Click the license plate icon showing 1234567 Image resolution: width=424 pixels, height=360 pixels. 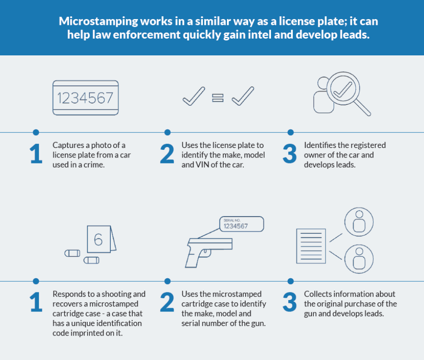(86, 98)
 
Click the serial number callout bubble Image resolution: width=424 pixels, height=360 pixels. (241, 224)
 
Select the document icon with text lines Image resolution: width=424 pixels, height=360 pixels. (311, 246)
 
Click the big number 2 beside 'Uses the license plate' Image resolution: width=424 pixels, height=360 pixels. (167, 154)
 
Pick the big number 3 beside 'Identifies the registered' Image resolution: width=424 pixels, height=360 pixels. (290, 154)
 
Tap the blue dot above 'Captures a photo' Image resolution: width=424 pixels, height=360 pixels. (36, 132)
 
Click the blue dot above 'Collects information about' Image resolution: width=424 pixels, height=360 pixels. (291, 281)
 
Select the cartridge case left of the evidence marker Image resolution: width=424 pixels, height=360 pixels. (72, 253)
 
